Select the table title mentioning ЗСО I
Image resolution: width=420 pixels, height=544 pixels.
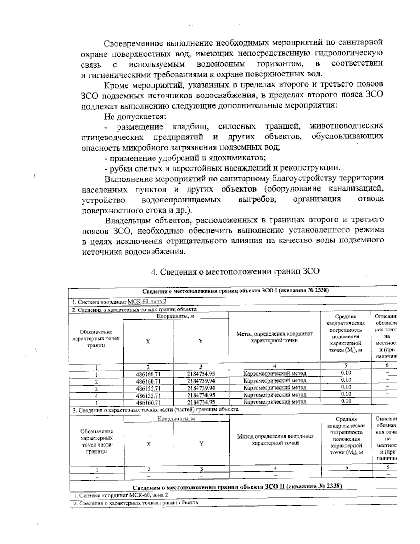236,291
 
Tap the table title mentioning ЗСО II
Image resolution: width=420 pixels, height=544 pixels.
237,487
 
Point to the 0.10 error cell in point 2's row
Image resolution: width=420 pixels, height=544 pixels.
346,380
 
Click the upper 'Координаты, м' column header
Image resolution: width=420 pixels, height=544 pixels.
175,316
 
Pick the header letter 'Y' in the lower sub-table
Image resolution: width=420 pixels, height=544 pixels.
202,443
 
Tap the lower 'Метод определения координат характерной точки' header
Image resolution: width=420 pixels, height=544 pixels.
275,440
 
